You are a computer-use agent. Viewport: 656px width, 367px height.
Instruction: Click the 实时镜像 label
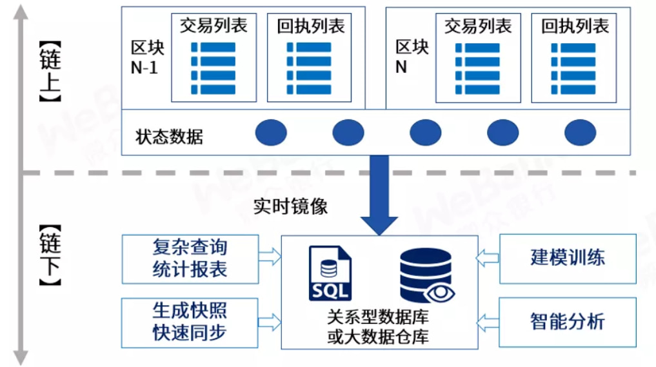coord(290,206)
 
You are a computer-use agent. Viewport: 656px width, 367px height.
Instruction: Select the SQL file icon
coord(330,273)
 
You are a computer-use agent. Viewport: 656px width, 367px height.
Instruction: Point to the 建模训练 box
coord(568,258)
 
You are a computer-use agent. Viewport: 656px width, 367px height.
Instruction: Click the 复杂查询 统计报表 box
coord(190,258)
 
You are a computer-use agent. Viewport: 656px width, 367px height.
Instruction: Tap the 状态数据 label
coord(169,137)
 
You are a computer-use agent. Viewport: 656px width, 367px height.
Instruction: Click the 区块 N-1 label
coord(148,57)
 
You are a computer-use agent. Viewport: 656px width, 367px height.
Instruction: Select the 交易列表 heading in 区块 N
coord(478,26)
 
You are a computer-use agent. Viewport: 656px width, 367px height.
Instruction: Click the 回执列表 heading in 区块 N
coord(575,26)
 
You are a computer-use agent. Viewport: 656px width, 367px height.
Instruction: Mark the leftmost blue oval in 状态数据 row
coord(271,133)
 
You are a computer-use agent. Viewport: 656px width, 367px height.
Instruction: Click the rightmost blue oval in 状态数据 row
coord(580,133)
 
